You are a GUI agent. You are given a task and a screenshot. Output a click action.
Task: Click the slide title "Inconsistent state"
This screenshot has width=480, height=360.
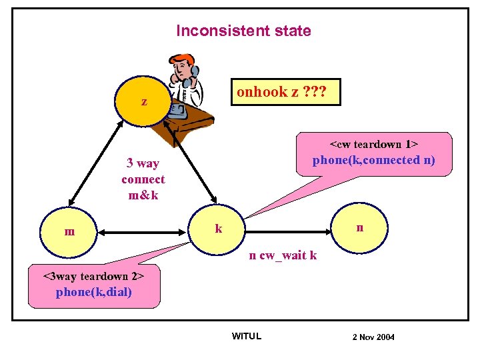point(243,31)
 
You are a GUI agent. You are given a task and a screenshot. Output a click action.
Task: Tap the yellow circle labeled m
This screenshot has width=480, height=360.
point(69,231)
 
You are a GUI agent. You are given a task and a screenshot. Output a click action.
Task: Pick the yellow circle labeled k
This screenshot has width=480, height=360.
point(218,229)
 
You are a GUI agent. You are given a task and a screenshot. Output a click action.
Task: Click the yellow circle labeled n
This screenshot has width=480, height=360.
point(359,227)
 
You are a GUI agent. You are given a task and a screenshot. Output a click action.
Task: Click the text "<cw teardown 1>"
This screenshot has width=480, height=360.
point(373,145)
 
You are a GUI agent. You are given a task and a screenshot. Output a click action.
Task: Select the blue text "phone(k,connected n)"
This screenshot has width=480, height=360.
point(373,160)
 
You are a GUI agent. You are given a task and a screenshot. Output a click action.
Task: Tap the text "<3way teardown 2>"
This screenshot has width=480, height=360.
point(94,276)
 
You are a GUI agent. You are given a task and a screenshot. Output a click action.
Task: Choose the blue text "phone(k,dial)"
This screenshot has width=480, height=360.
point(94,292)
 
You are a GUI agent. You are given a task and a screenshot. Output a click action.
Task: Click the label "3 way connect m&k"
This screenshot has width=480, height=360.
point(143,179)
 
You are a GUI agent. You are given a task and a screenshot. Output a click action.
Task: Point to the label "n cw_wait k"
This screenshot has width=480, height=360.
point(283,255)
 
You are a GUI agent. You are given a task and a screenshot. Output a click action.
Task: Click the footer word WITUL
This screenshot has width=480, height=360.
point(246,336)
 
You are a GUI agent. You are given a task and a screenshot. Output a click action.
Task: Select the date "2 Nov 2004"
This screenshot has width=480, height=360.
point(373,337)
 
